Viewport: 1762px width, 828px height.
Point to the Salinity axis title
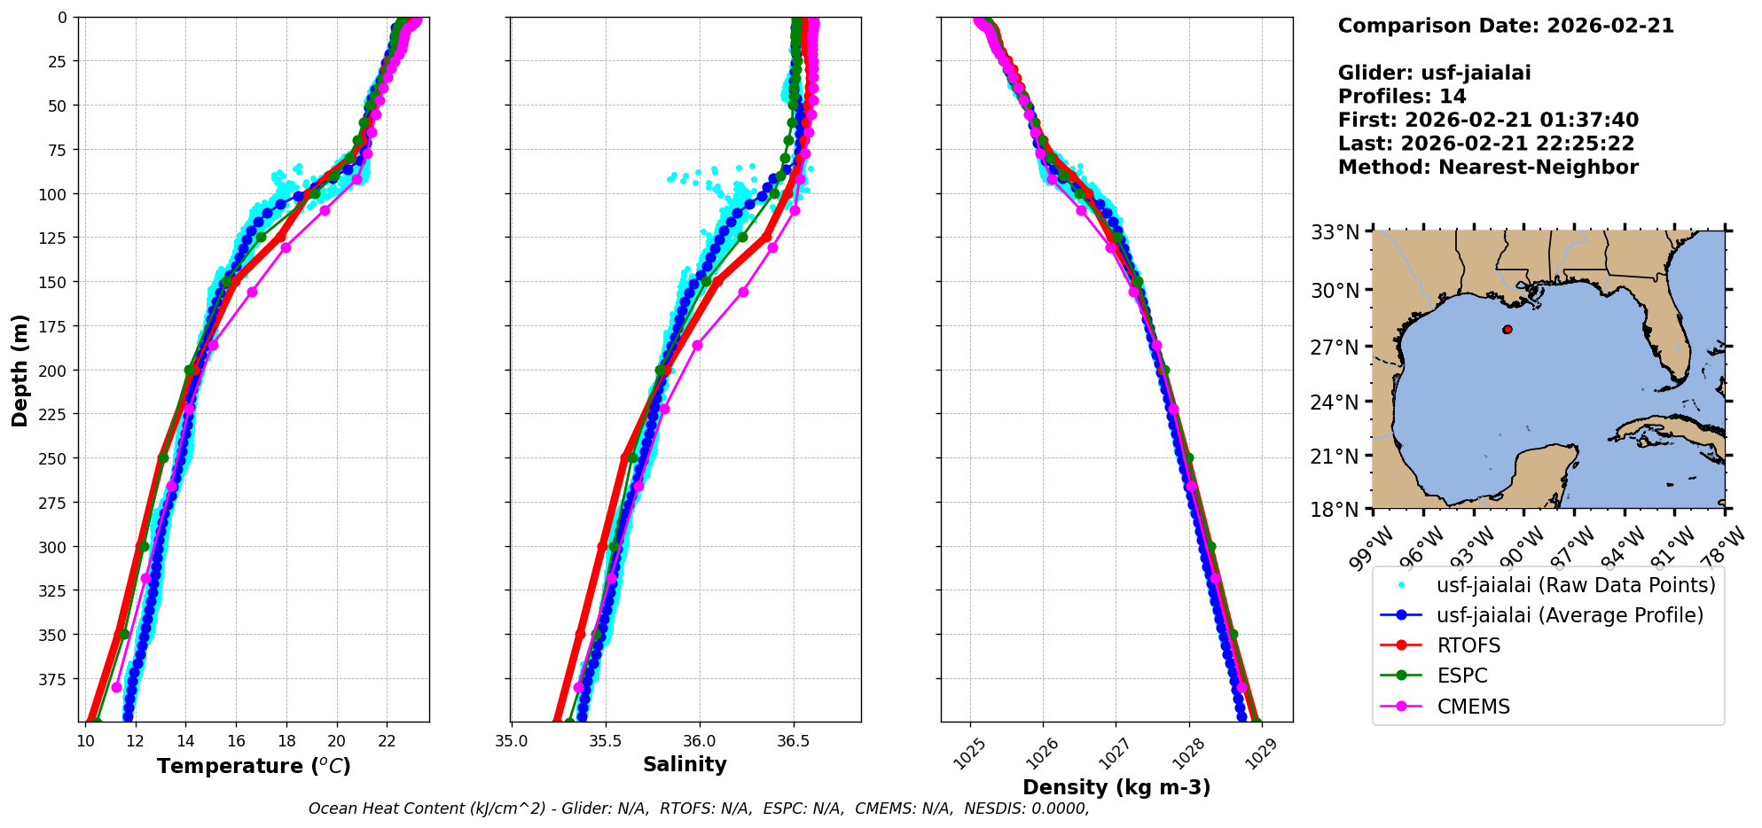point(685,765)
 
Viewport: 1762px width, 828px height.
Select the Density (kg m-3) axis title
point(1116,787)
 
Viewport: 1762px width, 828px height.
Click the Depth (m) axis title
point(20,370)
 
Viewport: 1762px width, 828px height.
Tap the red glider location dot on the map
point(1507,330)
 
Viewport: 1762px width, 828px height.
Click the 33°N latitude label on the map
point(1335,233)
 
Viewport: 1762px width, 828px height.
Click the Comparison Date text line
point(1506,26)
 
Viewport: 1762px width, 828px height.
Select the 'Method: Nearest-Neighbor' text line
point(1488,168)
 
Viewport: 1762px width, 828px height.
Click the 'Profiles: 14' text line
point(1402,97)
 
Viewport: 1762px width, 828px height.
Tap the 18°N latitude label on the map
point(1335,510)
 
